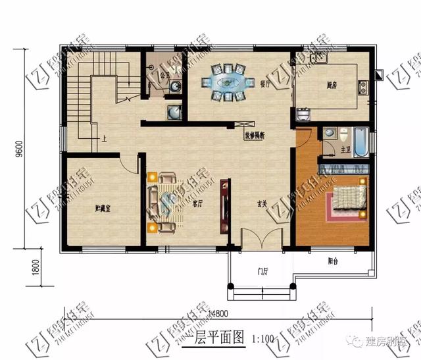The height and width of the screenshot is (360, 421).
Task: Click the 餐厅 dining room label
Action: (x=266, y=84)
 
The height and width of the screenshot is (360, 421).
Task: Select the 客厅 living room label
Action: (x=197, y=204)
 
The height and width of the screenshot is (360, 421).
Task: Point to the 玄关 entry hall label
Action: (x=260, y=204)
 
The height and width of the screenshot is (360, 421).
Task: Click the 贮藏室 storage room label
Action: (x=101, y=209)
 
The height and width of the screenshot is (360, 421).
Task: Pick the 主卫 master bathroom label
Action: (x=345, y=150)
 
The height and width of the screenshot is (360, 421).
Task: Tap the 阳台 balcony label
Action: (x=333, y=261)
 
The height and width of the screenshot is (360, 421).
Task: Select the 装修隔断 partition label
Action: (x=254, y=135)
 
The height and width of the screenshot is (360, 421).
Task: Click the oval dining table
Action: (x=229, y=82)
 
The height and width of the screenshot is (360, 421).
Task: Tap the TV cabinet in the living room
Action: (x=226, y=204)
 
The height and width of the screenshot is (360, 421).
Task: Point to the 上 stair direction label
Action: (x=105, y=140)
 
